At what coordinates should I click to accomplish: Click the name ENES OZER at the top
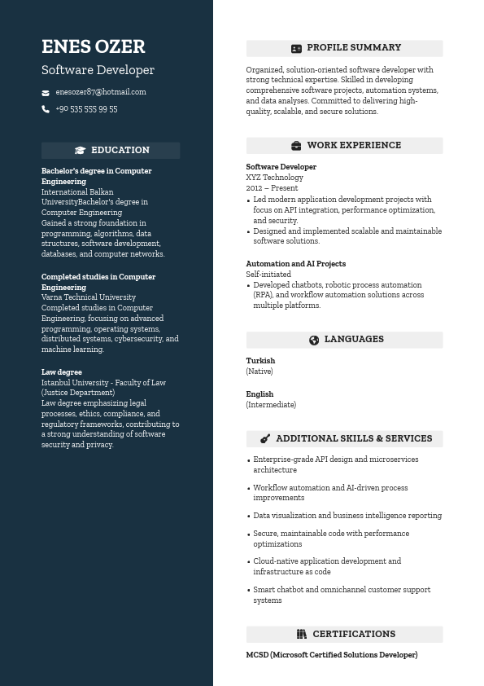coord(93,47)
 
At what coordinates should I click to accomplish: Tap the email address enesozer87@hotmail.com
coord(101,92)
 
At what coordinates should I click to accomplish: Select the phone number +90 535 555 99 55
coord(86,109)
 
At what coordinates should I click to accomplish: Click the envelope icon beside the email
coord(46,93)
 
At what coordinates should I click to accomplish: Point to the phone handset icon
coord(46,109)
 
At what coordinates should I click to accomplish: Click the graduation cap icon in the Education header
coord(80,151)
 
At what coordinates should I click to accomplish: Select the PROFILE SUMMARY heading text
coord(354,48)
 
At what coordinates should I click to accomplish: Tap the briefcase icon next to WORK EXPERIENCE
coord(296,146)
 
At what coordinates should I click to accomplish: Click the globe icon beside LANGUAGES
coord(314,340)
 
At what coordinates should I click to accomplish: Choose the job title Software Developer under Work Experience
coord(281,167)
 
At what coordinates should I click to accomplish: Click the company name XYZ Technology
coord(274,178)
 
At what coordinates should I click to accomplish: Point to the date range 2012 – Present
coord(272,188)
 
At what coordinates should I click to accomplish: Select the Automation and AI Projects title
coord(295,264)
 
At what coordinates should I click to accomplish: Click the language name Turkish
coord(260,361)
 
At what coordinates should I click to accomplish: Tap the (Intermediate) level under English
coord(271,405)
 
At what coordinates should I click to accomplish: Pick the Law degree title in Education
coord(62,372)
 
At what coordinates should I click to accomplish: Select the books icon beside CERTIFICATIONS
coord(302,634)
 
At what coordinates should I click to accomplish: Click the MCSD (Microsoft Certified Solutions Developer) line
coord(331,655)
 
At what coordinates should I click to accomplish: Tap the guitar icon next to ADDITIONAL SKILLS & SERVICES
coord(265,438)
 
